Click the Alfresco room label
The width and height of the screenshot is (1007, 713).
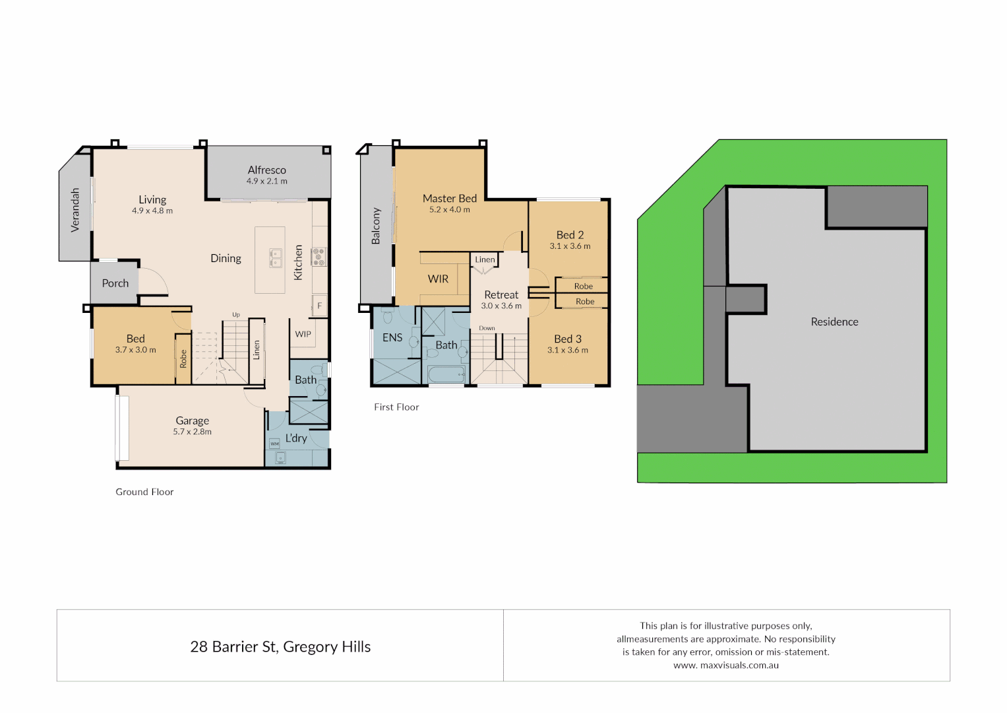coord(266,170)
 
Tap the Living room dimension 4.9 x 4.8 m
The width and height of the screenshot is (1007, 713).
coord(152,211)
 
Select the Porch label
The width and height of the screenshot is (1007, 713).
coord(115,283)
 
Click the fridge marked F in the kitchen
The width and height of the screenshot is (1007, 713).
coord(320,306)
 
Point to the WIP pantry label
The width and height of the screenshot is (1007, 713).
coord(303,334)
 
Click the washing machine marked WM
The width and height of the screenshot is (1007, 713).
coord(274,444)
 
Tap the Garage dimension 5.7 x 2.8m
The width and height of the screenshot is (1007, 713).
coord(193,432)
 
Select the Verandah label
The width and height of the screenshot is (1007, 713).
coord(75,210)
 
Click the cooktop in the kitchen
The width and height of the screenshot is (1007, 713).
coord(319,257)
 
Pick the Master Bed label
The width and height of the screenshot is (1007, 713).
coord(450,199)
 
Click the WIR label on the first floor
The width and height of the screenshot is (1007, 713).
coord(438,279)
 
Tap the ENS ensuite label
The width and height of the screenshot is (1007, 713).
coord(392,337)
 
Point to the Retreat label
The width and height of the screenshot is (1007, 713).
coord(501,295)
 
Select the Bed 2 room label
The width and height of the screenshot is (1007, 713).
coord(570,235)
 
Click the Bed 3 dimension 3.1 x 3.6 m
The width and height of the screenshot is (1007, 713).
coord(568,351)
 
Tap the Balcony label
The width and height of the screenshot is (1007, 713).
coord(376,226)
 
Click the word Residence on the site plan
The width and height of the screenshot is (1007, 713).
coord(834,322)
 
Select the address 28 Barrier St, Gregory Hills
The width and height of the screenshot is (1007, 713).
coord(280,647)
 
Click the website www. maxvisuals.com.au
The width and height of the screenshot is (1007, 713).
coord(726,665)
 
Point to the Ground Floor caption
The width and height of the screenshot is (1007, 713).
coord(144,492)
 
